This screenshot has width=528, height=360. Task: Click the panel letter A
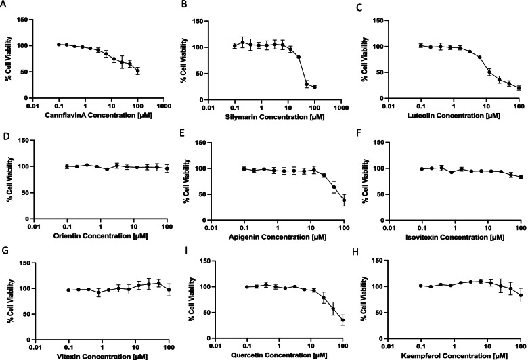(4, 5)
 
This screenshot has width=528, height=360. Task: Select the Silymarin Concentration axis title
(273, 115)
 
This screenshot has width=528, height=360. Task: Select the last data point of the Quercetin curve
(343, 321)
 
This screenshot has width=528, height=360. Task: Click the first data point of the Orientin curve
(67, 166)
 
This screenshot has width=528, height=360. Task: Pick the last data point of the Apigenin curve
(344, 200)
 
